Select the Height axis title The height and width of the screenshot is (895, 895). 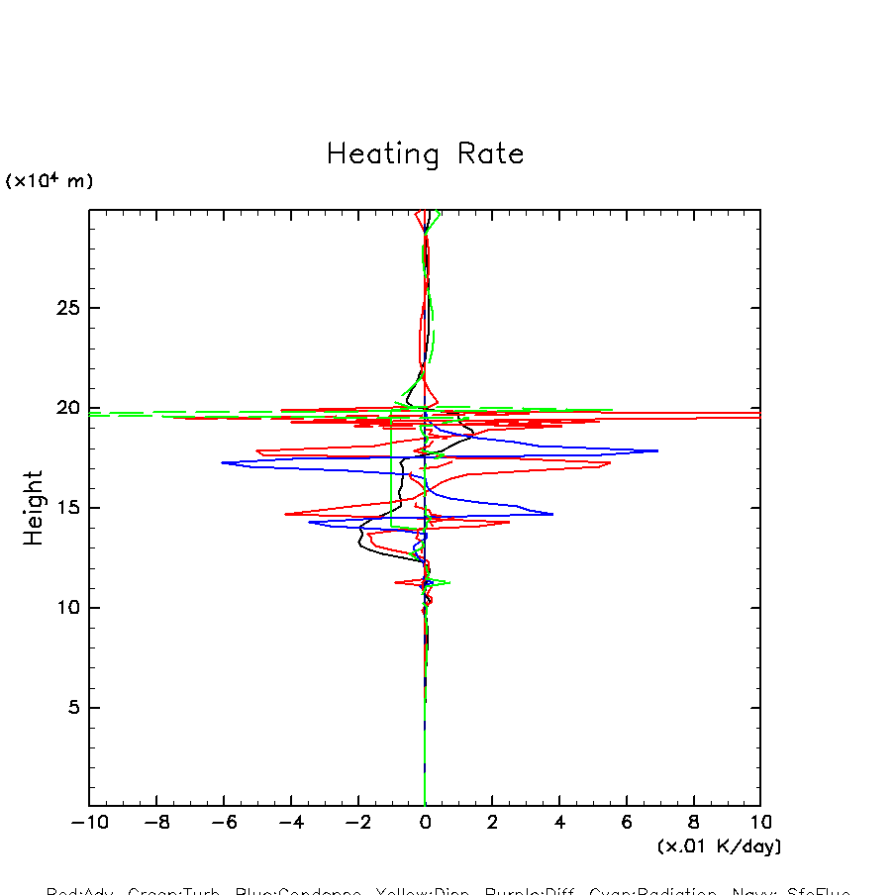click(x=35, y=508)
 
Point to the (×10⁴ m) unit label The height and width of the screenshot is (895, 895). click(x=50, y=181)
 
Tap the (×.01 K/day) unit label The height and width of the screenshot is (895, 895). click(x=719, y=846)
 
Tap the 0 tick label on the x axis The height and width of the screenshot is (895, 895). click(x=426, y=823)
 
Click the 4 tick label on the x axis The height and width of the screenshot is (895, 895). click(x=559, y=823)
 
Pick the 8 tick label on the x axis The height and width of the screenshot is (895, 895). click(x=694, y=823)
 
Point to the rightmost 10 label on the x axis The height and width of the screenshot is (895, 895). click(x=759, y=823)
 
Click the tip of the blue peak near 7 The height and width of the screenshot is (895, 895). click(x=658, y=450)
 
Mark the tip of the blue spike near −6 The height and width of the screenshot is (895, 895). click(x=222, y=462)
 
